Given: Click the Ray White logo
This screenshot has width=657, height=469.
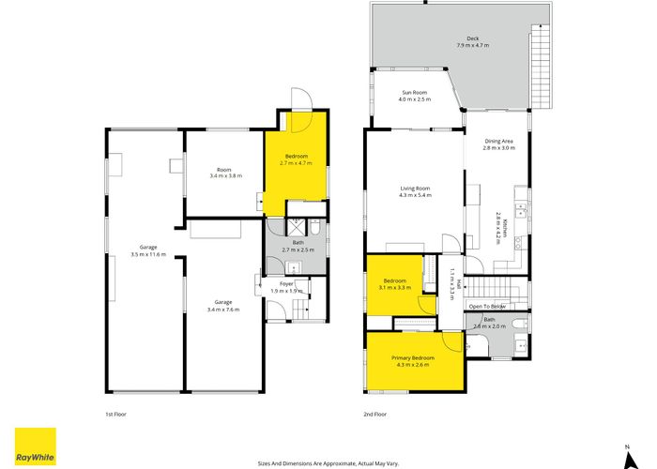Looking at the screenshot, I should (35, 446).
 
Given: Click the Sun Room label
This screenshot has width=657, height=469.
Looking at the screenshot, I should (416, 96).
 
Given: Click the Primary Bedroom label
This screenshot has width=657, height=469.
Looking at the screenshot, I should (413, 360).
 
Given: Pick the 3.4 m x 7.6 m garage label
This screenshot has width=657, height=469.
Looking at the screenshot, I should (222, 305).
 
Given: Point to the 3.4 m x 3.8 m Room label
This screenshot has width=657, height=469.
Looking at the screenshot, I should (224, 173).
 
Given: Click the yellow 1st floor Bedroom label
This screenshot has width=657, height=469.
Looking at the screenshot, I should (295, 159).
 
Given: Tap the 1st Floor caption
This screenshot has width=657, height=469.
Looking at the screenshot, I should (115, 414).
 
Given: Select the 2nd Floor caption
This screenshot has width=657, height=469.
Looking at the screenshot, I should (375, 414).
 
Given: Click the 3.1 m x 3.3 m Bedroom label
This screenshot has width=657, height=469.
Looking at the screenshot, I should (395, 283).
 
